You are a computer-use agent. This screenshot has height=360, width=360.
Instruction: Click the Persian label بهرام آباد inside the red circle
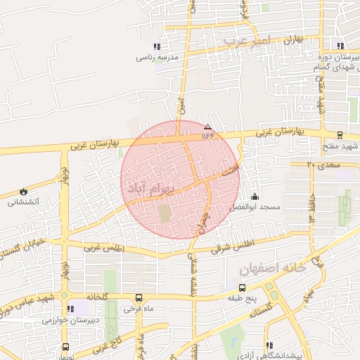click(147, 186)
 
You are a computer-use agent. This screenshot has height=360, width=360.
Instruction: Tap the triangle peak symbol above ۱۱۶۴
click(207, 127)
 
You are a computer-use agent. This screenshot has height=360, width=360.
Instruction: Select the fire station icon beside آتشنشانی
click(23, 191)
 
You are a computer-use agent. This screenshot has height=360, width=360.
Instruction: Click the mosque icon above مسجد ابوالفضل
click(255, 198)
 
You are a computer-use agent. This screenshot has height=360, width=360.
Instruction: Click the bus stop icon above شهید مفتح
click(340, 135)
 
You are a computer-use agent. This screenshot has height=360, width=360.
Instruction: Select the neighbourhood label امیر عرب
click(247, 41)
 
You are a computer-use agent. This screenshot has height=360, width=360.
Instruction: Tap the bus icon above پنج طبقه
click(243, 288)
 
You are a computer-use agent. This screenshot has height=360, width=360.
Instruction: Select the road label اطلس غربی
click(103, 249)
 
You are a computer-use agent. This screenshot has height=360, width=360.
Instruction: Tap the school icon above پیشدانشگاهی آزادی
click(269, 345)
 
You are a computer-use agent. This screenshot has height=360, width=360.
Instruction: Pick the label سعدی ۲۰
click(323, 165)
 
